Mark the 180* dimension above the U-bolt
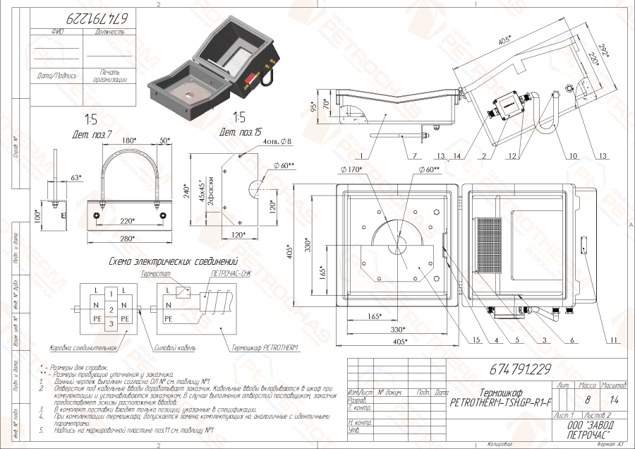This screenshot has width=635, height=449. pos(129,141)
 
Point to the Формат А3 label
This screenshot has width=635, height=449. pos(610,445)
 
